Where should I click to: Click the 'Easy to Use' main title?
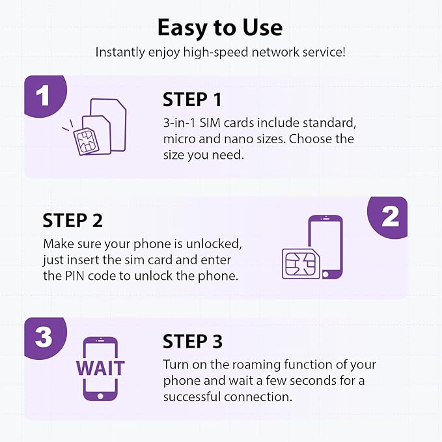point(220,27)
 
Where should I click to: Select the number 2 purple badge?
point(390,217)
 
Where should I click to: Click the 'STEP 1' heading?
point(192,100)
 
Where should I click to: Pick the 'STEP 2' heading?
point(73,220)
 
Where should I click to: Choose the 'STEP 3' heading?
point(193,341)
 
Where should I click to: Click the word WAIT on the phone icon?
point(100,368)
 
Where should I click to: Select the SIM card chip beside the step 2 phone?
point(300,264)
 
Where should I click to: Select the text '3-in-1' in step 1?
point(179,123)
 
